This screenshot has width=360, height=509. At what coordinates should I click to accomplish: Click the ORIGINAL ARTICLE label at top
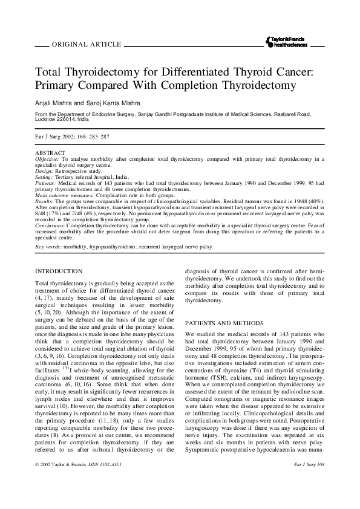[x=88, y=45]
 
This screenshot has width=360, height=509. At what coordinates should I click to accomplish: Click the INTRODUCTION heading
[x=59, y=271]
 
